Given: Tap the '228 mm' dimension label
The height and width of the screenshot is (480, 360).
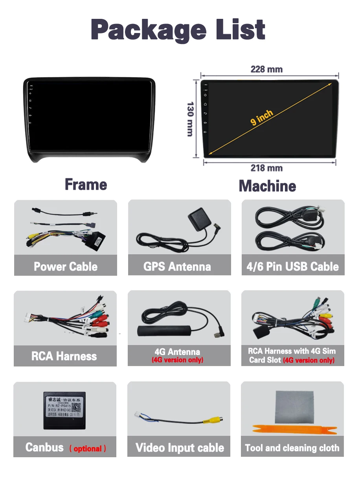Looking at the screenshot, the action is pos(266,70).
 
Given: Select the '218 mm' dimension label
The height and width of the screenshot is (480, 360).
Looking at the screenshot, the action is pos(266,168).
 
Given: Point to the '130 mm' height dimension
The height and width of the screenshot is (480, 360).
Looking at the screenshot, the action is pos(190,119).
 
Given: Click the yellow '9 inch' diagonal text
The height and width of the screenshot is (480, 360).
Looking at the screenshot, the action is pos(262,117).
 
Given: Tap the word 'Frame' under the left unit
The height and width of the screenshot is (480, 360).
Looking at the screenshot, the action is pos(86,185).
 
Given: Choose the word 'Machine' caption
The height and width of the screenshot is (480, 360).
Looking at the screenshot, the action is pos(267,186).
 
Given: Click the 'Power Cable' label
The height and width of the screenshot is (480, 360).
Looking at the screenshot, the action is pos(66,267).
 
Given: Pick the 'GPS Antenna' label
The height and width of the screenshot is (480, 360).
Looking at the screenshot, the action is pos(177,267).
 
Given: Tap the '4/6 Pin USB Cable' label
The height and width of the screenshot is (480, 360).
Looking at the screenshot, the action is pos(292,267).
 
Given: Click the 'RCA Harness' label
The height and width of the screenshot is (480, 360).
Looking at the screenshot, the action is pos(64,356).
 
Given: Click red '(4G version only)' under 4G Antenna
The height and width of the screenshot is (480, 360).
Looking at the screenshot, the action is pos(177,360).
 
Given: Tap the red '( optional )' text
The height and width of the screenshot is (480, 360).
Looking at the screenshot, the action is pos(88,449).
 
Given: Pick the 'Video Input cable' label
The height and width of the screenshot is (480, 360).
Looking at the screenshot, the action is pos(180,448).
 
